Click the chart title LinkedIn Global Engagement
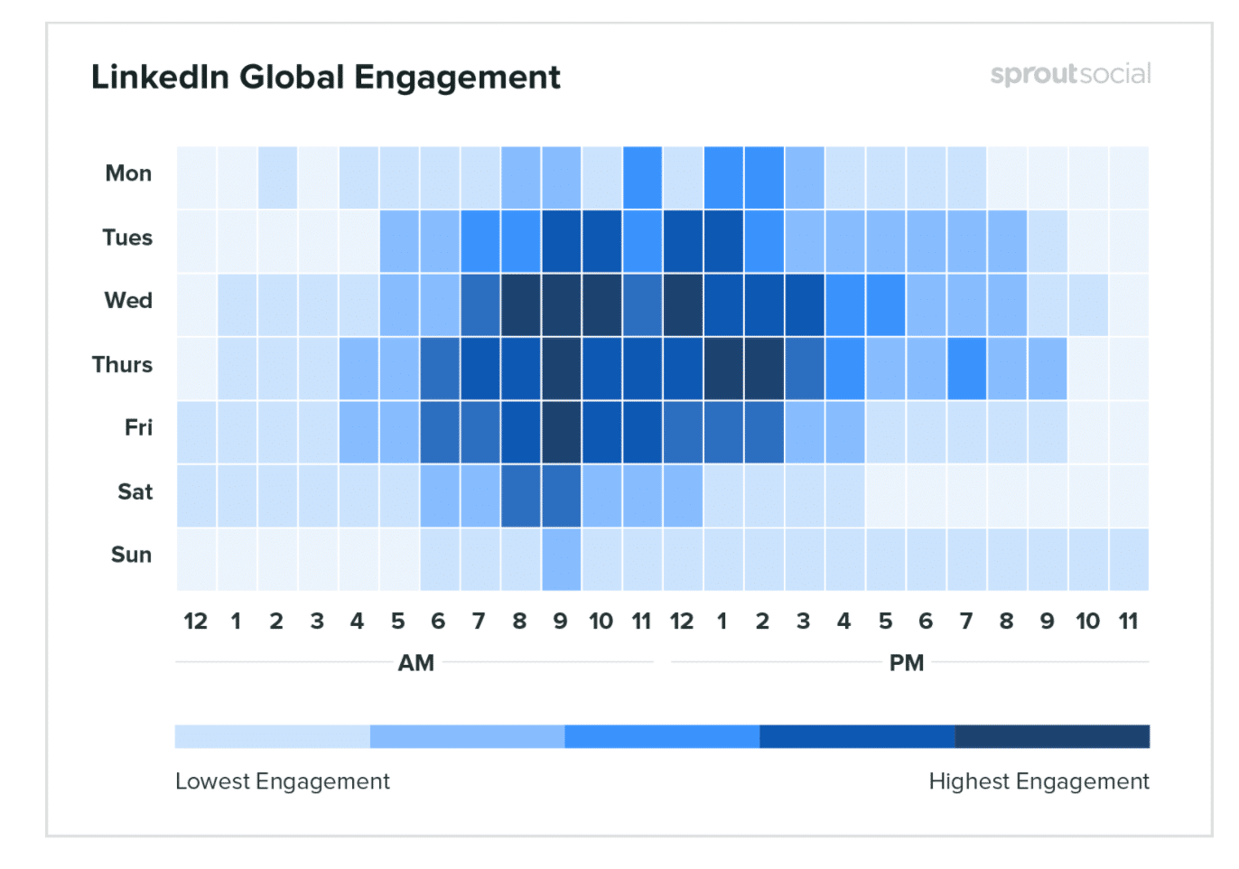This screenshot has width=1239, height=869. (325, 78)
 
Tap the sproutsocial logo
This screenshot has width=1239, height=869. (1070, 74)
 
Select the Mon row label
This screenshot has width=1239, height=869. (128, 173)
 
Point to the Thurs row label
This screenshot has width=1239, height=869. (122, 365)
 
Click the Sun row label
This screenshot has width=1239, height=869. (131, 555)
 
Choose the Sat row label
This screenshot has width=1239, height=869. (135, 491)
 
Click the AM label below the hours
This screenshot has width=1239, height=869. (416, 663)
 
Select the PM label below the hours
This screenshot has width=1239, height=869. (907, 663)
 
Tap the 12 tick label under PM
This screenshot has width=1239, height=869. (682, 621)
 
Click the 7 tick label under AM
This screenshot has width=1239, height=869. (479, 621)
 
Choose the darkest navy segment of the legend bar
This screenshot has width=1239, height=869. (1052, 736)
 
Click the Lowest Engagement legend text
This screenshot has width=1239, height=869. (282, 781)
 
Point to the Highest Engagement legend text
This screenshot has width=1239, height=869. (1039, 781)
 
